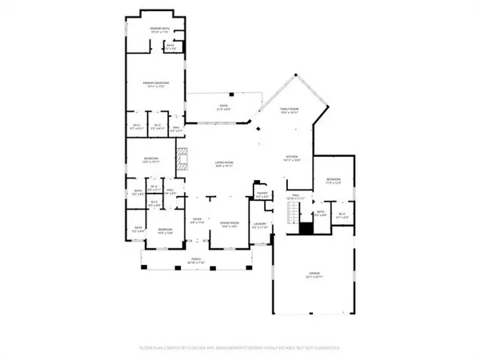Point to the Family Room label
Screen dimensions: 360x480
pyautogui.click(x=289, y=113)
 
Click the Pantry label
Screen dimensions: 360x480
pyautogui.click(x=261, y=194)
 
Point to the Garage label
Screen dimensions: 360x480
pyautogui.click(x=313, y=278)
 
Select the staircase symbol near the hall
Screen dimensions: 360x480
pyautogui.click(x=294, y=213)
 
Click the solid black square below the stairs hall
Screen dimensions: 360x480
pyautogui.click(x=305, y=228)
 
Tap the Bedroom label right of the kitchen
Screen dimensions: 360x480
pyautogui.click(x=333, y=181)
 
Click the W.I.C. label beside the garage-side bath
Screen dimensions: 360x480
pyautogui.click(x=342, y=215)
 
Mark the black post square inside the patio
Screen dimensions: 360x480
pyautogui.click(x=231, y=94)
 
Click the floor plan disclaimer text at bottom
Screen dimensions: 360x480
pyautogui.click(x=239, y=349)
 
